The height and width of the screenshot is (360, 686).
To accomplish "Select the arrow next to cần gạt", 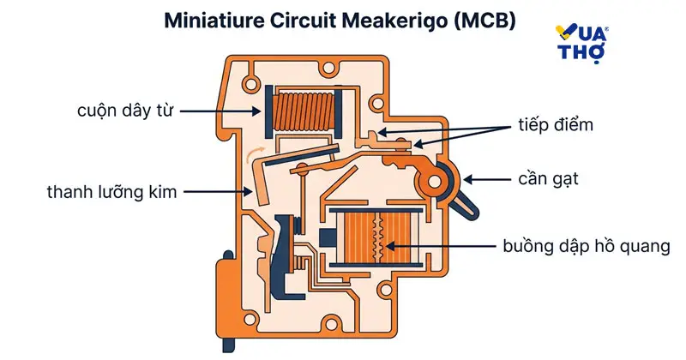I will [489, 180].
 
